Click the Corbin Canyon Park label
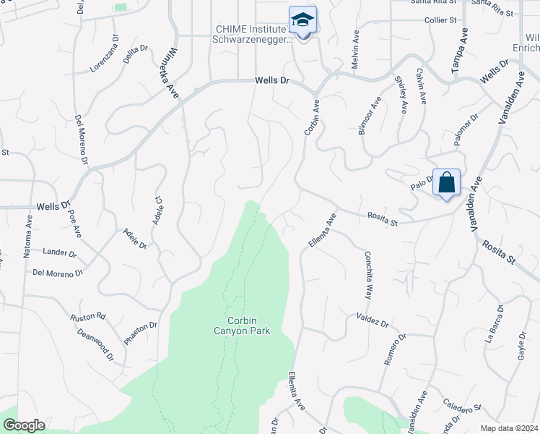247,325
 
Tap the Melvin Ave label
355,50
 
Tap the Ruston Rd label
88,317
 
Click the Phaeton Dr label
140,333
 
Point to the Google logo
24,425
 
